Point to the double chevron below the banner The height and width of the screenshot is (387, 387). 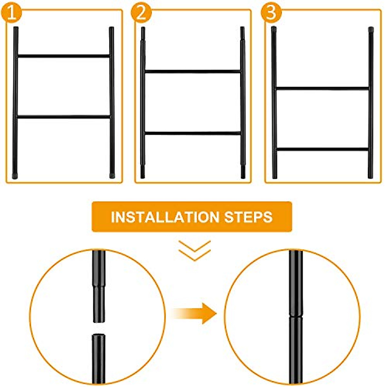coord(194,250)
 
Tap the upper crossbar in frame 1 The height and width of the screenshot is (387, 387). coord(64,56)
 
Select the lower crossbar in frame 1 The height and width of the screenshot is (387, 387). coord(64,117)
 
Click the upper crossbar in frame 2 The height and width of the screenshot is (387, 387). coord(193,71)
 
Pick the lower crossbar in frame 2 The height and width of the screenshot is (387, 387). coord(193,133)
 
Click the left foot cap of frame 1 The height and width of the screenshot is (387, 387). coord(15,176)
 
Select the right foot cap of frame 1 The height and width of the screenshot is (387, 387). coord(112,176)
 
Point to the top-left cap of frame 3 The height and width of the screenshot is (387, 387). coord(274,29)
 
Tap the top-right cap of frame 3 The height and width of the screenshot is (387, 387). coord(371,29)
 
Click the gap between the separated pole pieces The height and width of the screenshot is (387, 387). coord(99,328)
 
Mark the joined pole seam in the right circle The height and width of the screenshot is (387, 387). coord(296,316)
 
